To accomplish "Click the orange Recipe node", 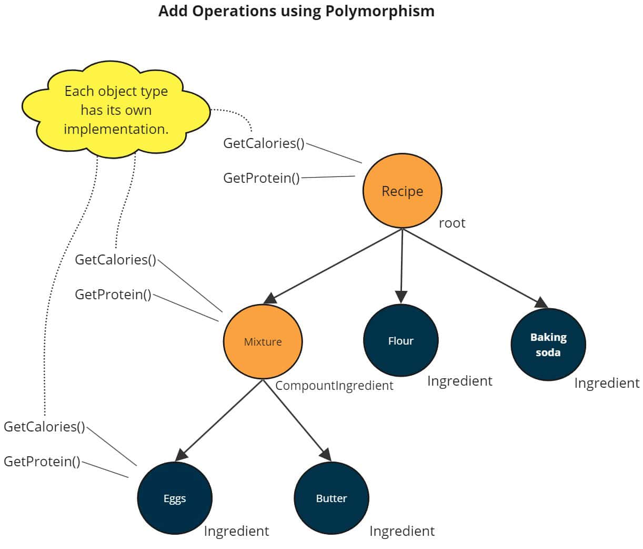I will tap(402, 191).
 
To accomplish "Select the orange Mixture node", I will tap(263, 341).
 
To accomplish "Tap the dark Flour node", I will tap(400, 340).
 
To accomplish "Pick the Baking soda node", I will tap(548, 345).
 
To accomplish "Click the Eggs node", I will tap(174, 498).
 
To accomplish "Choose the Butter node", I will tap(331, 498).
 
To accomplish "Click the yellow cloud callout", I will tap(116, 110).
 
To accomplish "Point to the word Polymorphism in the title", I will tap(379, 11).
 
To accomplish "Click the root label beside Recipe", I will tap(452, 223).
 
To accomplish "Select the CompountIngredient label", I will tap(334, 386).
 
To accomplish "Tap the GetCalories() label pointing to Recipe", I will tap(264, 143).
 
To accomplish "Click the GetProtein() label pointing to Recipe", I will tap(262, 178).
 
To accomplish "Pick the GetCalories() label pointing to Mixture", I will tap(115, 260).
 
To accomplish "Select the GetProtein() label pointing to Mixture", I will tap(113, 295).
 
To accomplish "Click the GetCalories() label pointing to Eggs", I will tap(44, 427).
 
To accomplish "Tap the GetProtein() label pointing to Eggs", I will tap(42, 462).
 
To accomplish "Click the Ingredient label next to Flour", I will tap(459, 381).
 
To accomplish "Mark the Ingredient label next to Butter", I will tap(402, 531).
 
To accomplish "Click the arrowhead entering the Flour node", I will tap(401, 297).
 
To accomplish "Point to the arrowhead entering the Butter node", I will tap(326, 454).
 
